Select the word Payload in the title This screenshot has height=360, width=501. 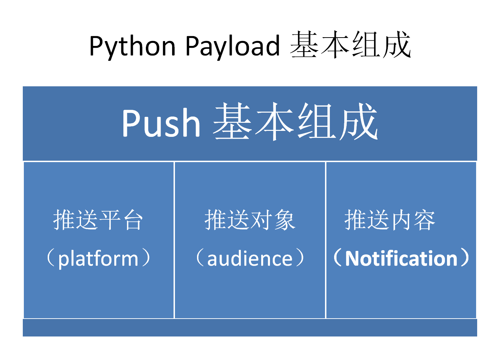pyautogui.click(x=232, y=46)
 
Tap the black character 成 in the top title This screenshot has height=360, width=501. pyautogui.click(x=397, y=45)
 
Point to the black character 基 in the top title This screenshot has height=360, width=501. pyautogui.click(x=304, y=45)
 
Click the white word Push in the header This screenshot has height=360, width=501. pyautogui.click(x=161, y=123)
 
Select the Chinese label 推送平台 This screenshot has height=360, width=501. pyautogui.click(x=98, y=220)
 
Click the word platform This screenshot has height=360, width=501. pyautogui.click(x=98, y=259)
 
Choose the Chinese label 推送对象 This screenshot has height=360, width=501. pyautogui.click(x=250, y=220)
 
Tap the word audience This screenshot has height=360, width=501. pyautogui.click(x=250, y=259)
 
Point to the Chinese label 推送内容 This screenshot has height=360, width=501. pyautogui.click(x=390, y=220)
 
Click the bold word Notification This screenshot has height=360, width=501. pyautogui.click(x=401, y=259)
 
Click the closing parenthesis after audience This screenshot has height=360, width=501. pyautogui.click(x=300, y=258)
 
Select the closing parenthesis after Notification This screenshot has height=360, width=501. pyautogui.click(x=465, y=258)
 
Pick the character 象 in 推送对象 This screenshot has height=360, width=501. pyautogui.click(x=285, y=220)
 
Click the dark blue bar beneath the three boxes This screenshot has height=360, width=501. pyautogui.click(x=250, y=328)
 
